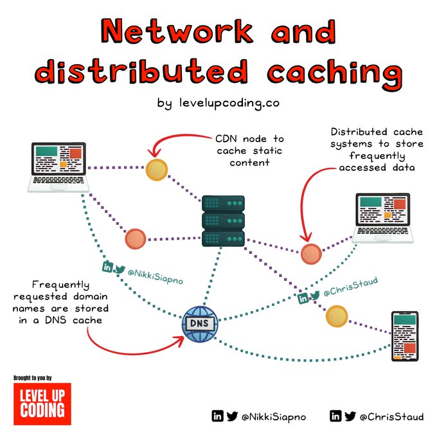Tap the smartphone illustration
click(x=404, y=336)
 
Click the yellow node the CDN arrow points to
click(x=156, y=170)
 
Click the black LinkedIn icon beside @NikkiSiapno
click(x=218, y=416)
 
